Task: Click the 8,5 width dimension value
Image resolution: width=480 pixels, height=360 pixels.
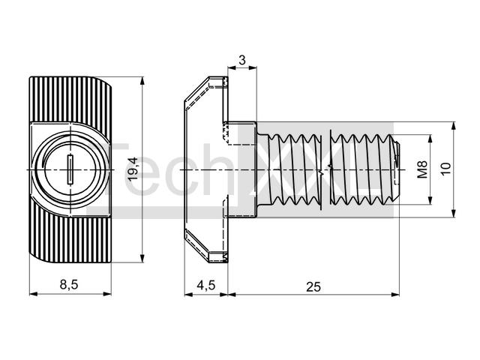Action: coord(69,284)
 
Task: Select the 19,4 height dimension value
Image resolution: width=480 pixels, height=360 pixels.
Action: coord(133,169)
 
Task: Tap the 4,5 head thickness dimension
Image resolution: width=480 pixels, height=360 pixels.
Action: coord(206,285)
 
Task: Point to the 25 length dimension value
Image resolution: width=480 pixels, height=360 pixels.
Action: coord(313,286)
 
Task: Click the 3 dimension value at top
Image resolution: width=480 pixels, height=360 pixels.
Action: coord(241,60)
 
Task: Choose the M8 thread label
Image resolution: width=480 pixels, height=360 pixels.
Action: coord(422,169)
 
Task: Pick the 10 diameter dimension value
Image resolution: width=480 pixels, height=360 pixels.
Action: coord(446,169)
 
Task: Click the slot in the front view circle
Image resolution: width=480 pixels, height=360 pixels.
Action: coord(70,169)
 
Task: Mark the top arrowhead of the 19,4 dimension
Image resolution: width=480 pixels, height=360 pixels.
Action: coord(142,81)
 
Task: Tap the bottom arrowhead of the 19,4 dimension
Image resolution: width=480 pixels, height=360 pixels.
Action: coord(142,259)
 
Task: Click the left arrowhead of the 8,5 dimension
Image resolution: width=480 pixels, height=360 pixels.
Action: coord(33,294)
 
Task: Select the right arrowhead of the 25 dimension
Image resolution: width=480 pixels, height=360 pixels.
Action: coord(395,295)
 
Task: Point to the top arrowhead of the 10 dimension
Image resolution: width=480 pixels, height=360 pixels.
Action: coord(454,126)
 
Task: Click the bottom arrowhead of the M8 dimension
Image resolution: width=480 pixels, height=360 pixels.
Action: coord(430,200)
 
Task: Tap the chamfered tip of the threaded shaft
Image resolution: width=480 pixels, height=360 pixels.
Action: coord(396,169)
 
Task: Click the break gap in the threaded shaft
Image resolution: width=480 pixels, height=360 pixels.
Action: coord(325,169)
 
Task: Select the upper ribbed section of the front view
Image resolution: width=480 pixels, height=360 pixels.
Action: coord(70,99)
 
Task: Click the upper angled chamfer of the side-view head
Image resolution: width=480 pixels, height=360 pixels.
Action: coord(196,89)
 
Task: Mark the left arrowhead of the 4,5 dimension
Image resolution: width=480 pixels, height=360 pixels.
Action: coord(188,295)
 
